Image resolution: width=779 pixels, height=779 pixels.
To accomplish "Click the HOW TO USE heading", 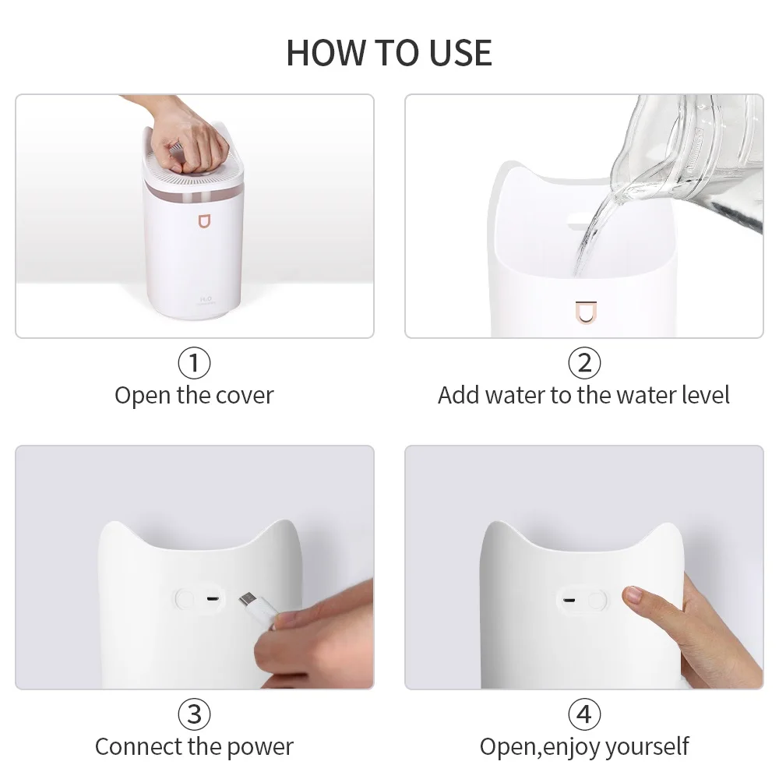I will click(x=389, y=51).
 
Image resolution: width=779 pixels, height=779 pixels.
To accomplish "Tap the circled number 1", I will click(x=194, y=363).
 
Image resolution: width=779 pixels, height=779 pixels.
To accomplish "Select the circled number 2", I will click(x=584, y=363).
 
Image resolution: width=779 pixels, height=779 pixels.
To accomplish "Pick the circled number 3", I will click(x=194, y=714).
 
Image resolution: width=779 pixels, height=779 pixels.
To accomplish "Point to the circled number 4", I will click(x=584, y=714).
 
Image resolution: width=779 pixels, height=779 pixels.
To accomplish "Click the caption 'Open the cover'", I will click(x=194, y=395).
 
